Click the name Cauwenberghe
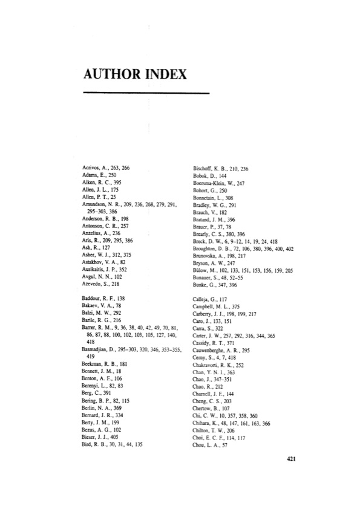point(205,351)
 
